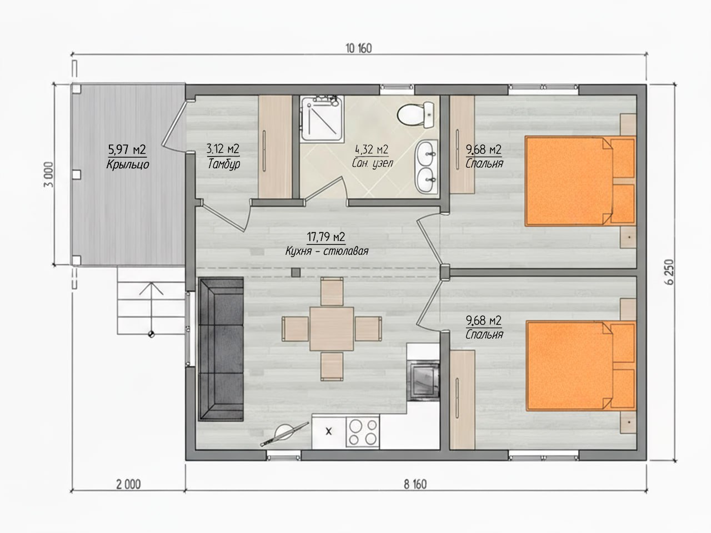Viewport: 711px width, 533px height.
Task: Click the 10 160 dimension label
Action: coord(359,48)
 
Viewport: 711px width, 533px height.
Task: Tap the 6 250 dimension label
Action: coord(670,272)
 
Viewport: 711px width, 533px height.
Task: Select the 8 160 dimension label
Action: coord(415,485)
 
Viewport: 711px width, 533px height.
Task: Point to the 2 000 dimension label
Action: coord(128,485)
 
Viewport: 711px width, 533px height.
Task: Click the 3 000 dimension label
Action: coord(48,174)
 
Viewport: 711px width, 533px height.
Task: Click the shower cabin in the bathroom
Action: coord(322,119)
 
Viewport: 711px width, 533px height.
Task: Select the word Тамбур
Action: coord(223,164)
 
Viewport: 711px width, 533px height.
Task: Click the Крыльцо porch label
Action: coord(128,164)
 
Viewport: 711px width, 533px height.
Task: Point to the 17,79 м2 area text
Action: coord(326,237)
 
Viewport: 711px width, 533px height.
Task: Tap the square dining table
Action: coord(332,329)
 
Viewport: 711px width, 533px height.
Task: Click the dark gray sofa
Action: coord(221,349)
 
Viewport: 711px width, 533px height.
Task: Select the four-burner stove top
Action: coord(363,432)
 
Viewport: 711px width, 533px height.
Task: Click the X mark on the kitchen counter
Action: coord(328,431)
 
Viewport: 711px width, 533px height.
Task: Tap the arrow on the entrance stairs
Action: coord(151,308)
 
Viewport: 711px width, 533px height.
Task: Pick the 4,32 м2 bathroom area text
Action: coord(372,149)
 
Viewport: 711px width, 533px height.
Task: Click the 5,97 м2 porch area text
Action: coord(127,149)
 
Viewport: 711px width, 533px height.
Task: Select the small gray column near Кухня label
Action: coord(296,273)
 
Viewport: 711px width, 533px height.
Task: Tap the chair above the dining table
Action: coord(332,291)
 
